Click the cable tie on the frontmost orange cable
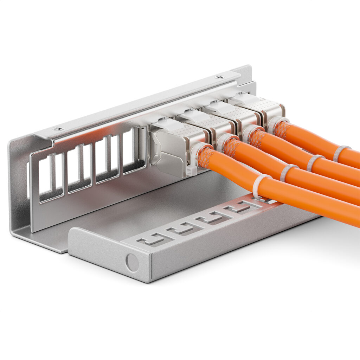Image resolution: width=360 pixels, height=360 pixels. tap(259, 186)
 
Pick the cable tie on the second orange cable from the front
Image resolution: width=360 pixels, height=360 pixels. tap(287, 172)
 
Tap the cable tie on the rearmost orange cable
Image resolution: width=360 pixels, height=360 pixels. tap(340, 153)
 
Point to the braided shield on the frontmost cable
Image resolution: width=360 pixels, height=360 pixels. tap(206, 156)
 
